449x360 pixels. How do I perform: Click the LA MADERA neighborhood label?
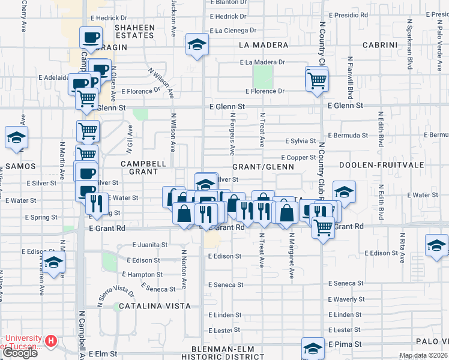coord(260,45)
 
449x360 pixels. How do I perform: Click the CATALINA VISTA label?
coord(146,306)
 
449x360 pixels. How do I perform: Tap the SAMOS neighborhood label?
coord(20,166)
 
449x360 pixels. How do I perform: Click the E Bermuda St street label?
coord(348,135)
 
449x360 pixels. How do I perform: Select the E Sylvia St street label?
coord(300,141)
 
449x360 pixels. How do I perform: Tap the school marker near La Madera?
coord(196,45)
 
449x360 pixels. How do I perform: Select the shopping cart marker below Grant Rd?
coord(324,227)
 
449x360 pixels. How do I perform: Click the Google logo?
coord(20,353)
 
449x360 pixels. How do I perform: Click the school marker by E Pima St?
coord(313,349)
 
